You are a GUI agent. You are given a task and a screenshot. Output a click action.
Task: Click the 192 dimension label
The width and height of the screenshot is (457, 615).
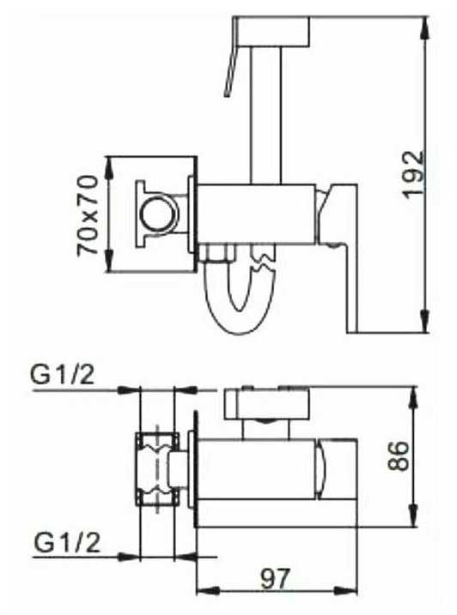point(414,173)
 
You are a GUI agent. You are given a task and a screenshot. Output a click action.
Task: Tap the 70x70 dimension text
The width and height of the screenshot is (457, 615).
point(88,215)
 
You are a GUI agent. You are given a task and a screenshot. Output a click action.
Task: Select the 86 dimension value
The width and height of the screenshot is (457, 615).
point(399,455)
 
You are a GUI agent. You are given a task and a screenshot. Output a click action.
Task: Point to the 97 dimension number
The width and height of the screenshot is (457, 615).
point(275,578)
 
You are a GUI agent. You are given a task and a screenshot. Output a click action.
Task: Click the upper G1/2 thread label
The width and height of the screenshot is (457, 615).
point(63,376)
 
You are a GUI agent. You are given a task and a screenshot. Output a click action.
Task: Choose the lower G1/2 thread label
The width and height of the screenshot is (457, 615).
point(67,543)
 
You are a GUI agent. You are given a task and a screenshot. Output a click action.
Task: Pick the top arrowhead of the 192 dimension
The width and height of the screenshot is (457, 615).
point(424,27)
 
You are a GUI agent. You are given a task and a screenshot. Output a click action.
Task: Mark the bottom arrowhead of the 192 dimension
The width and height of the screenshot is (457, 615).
point(424,322)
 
